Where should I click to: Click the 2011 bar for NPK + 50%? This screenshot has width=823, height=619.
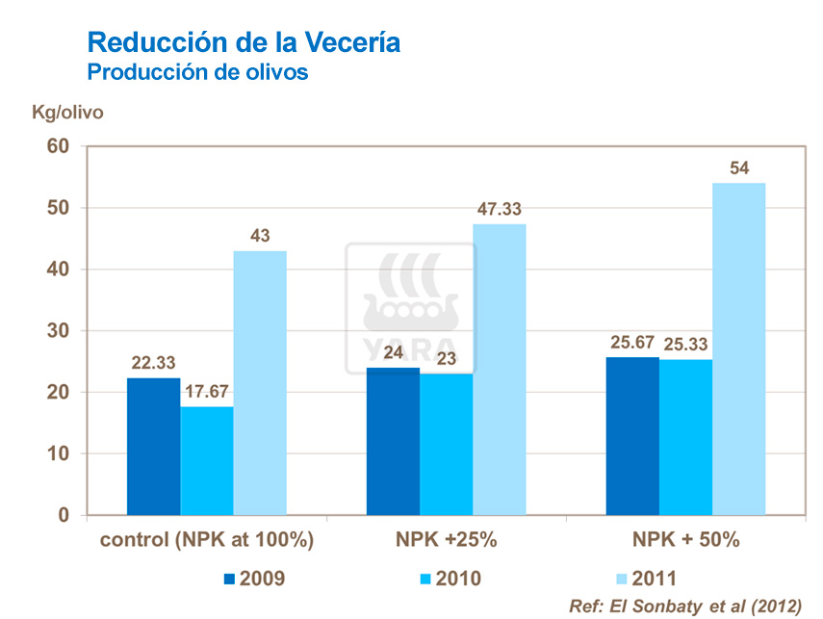[738, 348]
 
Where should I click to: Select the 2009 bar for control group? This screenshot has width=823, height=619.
[154, 446]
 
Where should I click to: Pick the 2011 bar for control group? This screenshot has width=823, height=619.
[260, 382]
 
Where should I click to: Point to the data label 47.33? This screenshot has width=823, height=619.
[500, 209]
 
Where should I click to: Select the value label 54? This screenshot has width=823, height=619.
[739, 168]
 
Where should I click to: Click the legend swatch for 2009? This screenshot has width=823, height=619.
[229, 579]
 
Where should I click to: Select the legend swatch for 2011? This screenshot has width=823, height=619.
[621, 579]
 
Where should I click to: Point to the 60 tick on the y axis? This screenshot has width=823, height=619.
[60, 146]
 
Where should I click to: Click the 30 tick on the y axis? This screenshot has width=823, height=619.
[60, 331]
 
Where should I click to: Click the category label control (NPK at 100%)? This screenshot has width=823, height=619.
[208, 540]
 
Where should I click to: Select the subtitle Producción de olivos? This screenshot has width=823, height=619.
[197, 72]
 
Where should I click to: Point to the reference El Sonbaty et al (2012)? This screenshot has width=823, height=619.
[685, 606]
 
